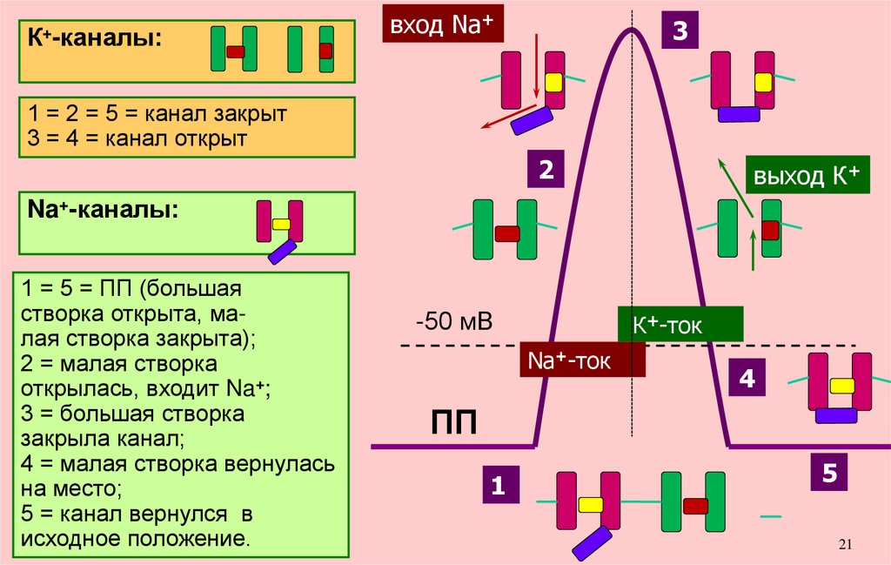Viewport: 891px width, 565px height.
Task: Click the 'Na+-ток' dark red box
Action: click(582, 360)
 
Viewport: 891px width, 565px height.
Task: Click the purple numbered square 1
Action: click(499, 486)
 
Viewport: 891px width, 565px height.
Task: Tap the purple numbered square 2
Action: click(546, 170)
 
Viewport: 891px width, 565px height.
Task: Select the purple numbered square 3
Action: click(680, 31)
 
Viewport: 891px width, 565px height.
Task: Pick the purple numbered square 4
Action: click(747, 380)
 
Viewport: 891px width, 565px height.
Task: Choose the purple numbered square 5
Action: click(829, 473)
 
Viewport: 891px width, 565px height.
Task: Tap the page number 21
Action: click(845, 545)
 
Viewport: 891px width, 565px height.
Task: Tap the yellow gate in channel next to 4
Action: click(841, 386)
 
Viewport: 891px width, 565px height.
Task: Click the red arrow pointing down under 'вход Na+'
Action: click(536, 65)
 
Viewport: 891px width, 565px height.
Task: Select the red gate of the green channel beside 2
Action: click(506, 233)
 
